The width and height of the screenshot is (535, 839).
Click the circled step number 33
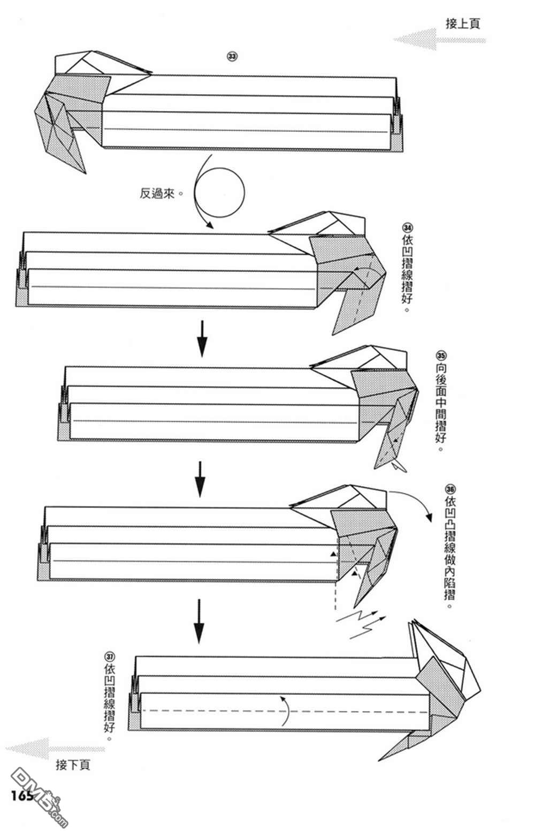click(232, 56)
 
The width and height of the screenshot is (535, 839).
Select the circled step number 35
click(441, 356)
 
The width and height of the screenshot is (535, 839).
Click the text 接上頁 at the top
click(463, 24)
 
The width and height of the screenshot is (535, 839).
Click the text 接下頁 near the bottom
click(73, 765)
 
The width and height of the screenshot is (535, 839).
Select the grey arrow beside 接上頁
click(439, 40)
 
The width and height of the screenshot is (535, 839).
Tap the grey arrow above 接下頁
click(53, 748)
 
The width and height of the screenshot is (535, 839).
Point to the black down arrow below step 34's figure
click(202, 339)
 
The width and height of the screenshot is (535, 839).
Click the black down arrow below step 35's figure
click(200, 479)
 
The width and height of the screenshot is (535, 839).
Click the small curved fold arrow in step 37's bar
click(286, 710)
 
